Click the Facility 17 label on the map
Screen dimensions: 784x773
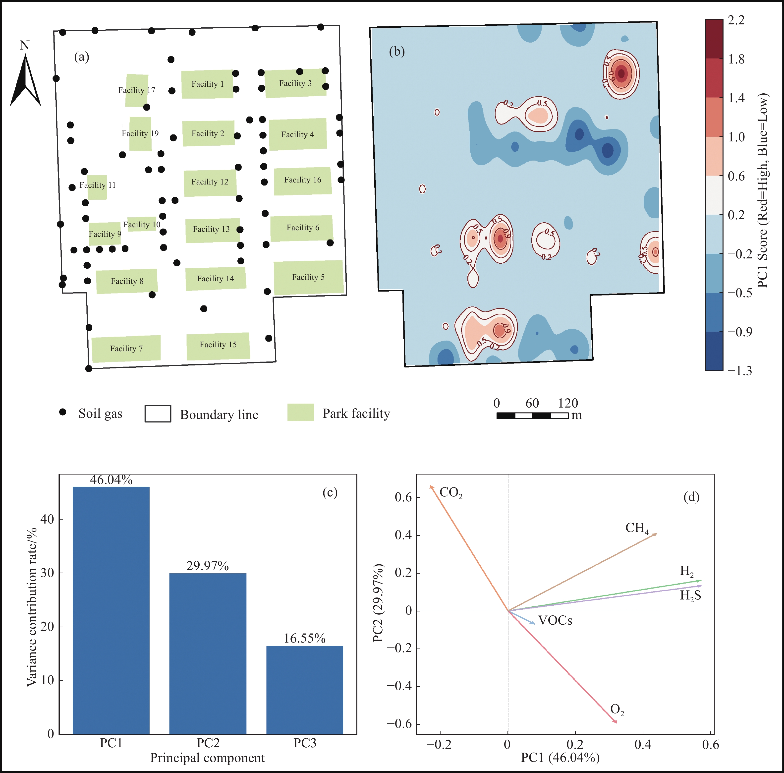137,90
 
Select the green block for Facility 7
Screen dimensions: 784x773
126,348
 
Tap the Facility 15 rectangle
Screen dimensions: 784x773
218,346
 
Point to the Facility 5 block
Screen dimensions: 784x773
308,278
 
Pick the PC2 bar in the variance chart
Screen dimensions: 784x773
208,654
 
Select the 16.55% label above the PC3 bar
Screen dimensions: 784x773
304,638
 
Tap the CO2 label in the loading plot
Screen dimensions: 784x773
451,493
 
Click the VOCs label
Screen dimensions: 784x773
555,621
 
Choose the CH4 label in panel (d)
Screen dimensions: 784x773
637,528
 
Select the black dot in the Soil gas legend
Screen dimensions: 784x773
62,412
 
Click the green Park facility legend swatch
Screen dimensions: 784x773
301,413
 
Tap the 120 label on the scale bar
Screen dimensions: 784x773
568,403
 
